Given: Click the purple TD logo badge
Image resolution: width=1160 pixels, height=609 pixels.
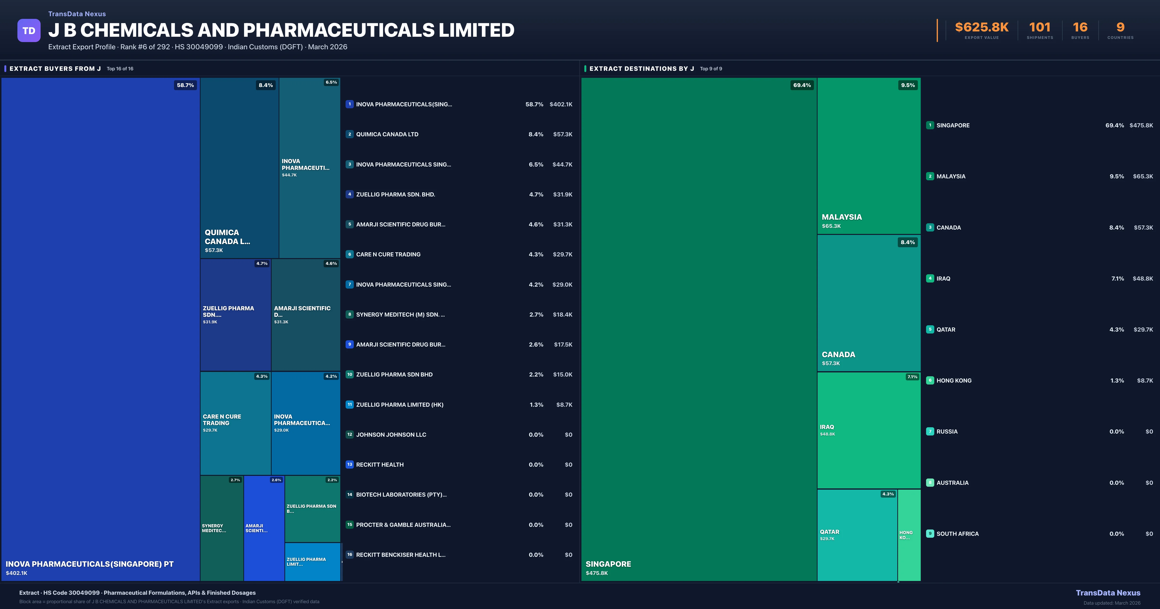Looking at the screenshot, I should pyautogui.click(x=29, y=31).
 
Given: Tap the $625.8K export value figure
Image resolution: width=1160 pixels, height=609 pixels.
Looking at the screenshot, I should pyautogui.click(x=982, y=28).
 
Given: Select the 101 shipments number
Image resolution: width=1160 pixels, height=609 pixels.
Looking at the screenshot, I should pyautogui.click(x=1040, y=28).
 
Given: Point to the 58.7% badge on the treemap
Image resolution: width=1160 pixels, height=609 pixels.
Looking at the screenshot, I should pyautogui.click(x=185, y=85).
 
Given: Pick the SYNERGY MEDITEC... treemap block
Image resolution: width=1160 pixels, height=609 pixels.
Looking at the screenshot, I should pyautogui.click(x=222, y=528).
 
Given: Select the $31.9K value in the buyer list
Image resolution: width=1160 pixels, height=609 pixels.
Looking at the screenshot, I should pyautogui.click(x=562, y=195).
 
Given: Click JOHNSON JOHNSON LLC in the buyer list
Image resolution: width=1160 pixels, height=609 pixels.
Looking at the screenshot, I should pyautogui.click(x=391, y=435).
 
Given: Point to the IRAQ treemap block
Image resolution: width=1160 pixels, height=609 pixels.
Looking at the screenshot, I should pyautogui.click(x=869, y=430).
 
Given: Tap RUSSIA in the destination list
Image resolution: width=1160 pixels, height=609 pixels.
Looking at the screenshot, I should pyautogui.click(x=947, y=432).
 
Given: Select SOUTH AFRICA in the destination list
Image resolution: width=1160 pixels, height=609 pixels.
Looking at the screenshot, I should pyautogui.click(x=957, y=534).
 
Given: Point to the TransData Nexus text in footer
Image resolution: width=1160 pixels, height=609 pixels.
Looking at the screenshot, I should pyautogui.click(x=1108, y=593).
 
